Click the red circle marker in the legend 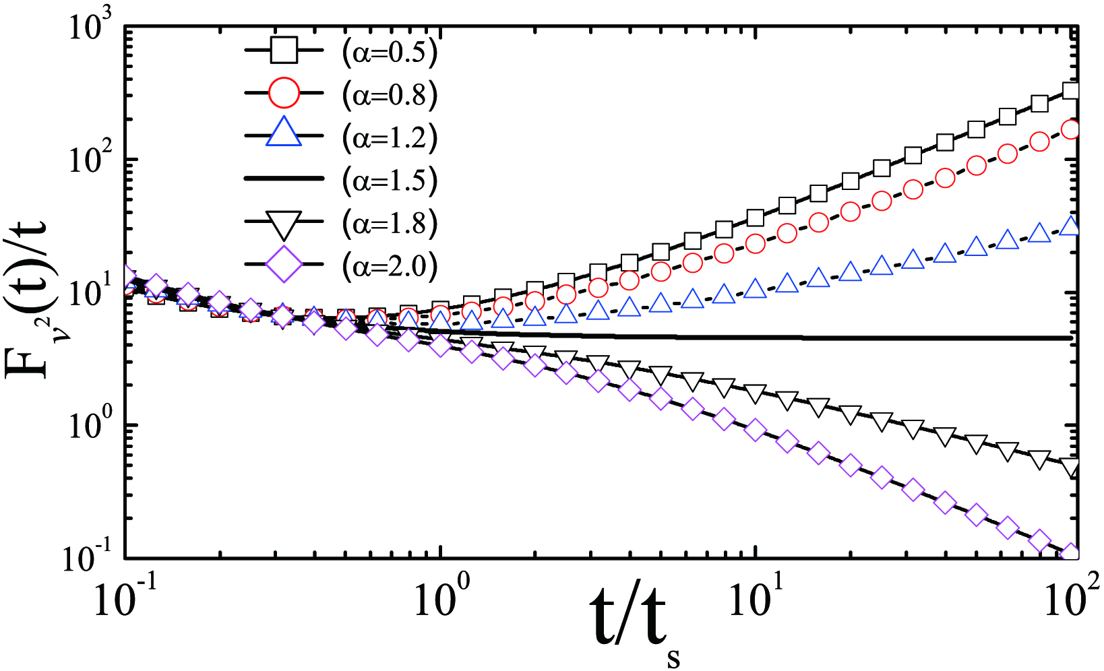pos(284,94)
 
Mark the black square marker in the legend pos(284,52)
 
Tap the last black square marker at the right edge pos(1071,91)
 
